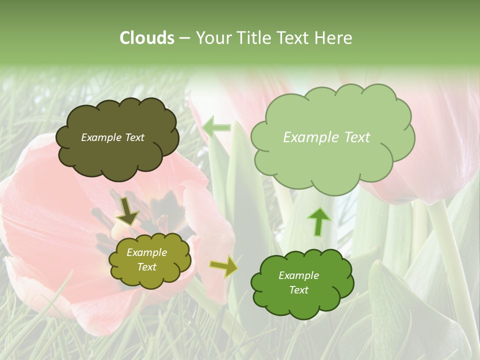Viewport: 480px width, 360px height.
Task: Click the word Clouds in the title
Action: click(x=146, y=38)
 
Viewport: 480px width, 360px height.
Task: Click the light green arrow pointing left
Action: click(x=216, y=127)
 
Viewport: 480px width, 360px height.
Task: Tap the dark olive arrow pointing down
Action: click(x=128, y=211)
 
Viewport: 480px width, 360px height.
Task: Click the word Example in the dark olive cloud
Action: click(x=100, y=137)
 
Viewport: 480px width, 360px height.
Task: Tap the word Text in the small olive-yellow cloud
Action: click(x=147, y=267)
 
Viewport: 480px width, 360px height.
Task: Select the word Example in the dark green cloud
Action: click(x=298, y=275)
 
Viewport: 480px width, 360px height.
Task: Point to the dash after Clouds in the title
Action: click(x=184, y=38)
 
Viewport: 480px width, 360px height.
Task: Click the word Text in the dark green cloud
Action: click(x=298, y=290)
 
